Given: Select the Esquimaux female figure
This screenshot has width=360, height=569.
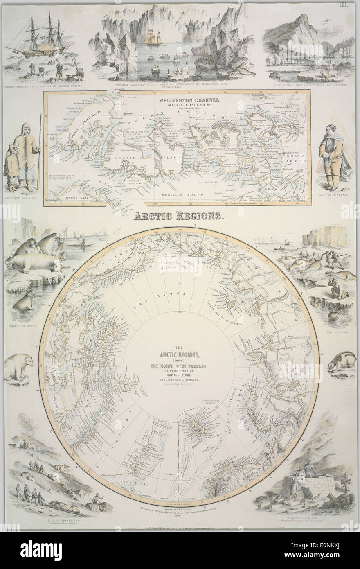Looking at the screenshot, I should pyautogui.click(x=330, y=158).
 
